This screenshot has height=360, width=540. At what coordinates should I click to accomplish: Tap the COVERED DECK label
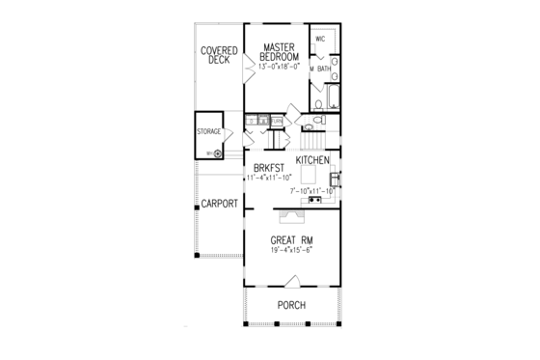pyautogui.click(x=220, y=55)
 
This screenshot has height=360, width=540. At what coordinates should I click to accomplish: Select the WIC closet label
pyautogui.click(x=321, y=39)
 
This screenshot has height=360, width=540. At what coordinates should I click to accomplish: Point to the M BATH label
pyautogui.click(x=321, y=69)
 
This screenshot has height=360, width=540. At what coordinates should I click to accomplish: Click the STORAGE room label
pyautogui.click(x=209, y=131)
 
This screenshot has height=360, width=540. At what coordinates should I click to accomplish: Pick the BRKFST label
pyautogui.click(x=264, y=166)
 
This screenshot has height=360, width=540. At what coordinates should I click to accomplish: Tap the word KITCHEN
pyautogui.click(x=313, y=159)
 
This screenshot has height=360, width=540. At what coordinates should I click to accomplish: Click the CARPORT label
pyautogui.click(x=219, y=204)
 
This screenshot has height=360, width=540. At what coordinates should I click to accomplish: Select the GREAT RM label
pyautogui.click(x=291, y=240)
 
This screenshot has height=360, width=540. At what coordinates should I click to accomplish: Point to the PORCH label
pyautogui.click(x=291, y=305)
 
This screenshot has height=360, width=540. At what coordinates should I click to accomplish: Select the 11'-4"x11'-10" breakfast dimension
pyautogui.click(x=264, y=179)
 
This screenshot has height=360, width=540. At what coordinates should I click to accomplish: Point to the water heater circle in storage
pyautogui.click(x=218, y=152)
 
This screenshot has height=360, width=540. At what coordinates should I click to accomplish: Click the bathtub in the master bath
pyautogui.click(x=332, y=97)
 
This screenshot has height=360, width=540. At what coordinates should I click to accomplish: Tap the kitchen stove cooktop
pyautogui.click(x=314, y=200)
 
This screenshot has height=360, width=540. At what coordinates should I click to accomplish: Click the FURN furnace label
pyautogui.click(x=277, y=121)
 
